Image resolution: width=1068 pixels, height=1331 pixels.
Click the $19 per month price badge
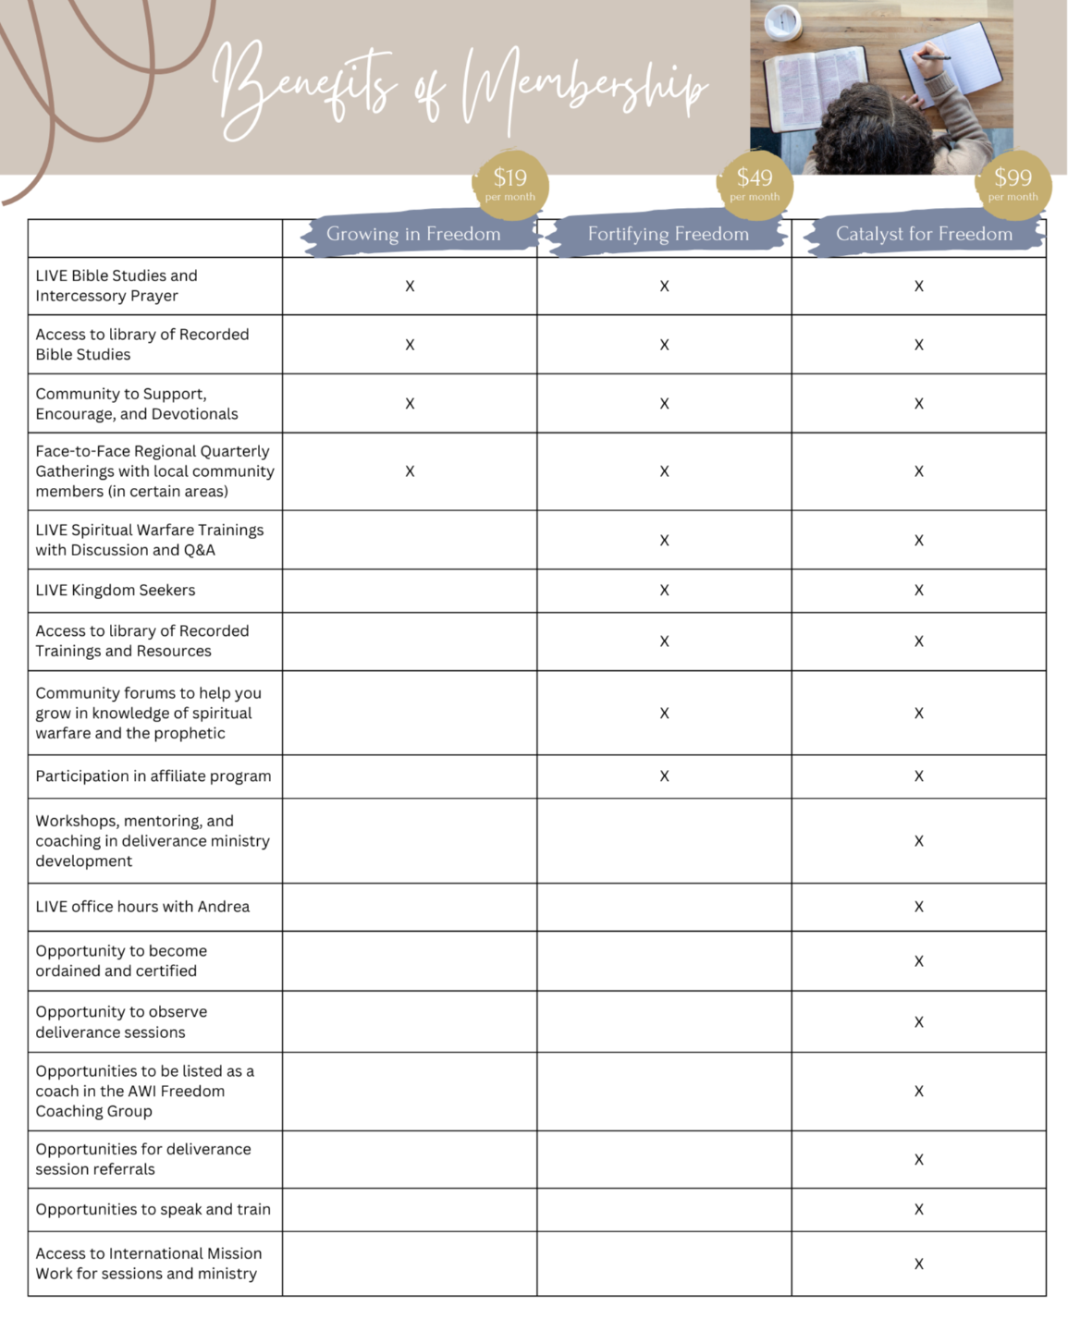[510, 184]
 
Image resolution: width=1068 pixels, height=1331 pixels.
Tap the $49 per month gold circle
[755, 184]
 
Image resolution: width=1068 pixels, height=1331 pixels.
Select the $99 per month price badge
[1013, 184]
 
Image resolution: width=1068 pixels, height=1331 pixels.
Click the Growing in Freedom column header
[413, 235]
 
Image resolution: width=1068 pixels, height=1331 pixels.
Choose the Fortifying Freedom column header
[668, 235]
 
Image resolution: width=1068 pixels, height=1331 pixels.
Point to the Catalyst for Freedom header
[924, 235]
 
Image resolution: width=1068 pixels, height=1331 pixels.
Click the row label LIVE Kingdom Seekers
[116, 591]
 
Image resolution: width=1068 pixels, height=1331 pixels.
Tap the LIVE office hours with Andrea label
[142, 907]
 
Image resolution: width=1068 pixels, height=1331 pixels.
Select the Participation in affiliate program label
[153, 776]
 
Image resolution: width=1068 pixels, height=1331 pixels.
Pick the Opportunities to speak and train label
[153, 1209]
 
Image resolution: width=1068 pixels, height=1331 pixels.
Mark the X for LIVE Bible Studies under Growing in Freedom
[410, 287]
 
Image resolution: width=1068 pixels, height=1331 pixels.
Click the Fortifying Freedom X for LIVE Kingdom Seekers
[664, 591]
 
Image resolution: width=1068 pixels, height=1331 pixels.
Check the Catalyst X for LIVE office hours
[918, 907]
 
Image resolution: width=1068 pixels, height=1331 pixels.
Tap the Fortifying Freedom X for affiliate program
[664, 776]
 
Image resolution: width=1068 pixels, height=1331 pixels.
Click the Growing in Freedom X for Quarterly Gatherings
[410, 471]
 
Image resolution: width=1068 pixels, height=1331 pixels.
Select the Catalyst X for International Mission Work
[918, 1264]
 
